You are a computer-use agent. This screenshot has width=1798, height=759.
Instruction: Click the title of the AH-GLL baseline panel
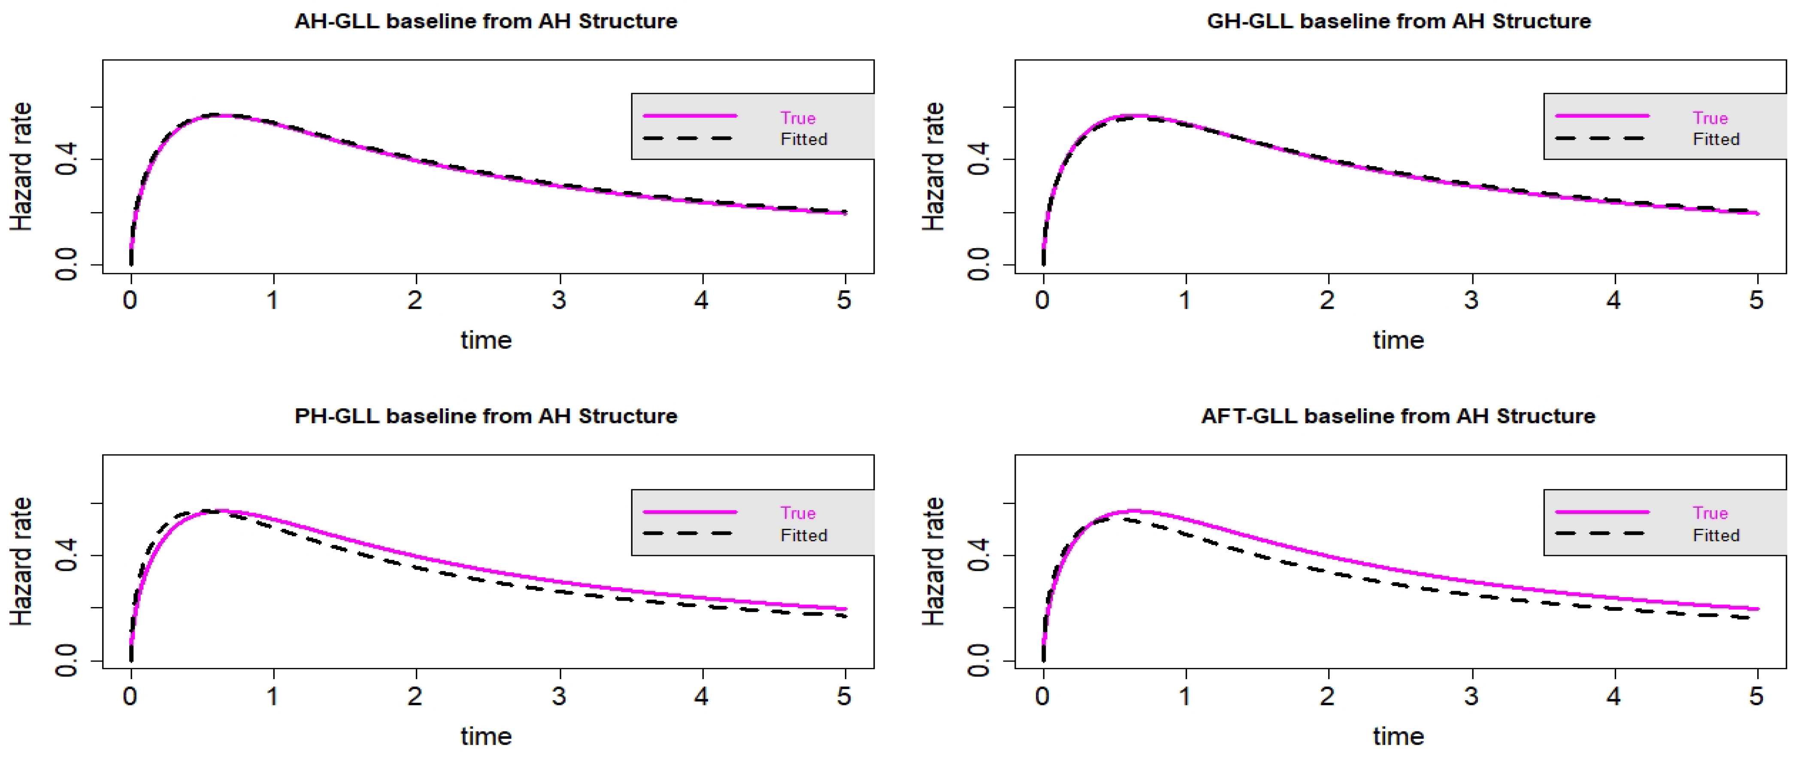486,21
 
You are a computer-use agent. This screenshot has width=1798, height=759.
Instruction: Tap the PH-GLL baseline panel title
486,416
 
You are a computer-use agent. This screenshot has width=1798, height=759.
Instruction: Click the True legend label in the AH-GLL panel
798,118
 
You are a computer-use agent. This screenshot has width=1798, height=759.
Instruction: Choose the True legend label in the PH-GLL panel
798,513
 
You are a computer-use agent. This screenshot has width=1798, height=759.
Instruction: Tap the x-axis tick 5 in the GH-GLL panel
1756,300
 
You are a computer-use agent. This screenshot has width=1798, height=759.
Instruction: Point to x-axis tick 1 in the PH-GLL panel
273,696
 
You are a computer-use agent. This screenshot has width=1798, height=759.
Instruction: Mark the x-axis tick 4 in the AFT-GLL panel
1614,696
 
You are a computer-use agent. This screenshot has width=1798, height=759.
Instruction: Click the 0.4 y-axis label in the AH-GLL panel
67,159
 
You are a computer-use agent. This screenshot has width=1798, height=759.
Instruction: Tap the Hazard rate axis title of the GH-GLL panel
933,166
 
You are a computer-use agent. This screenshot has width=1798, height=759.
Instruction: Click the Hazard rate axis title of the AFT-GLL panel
933,562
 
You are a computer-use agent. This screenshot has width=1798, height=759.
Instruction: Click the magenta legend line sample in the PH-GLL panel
690,512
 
